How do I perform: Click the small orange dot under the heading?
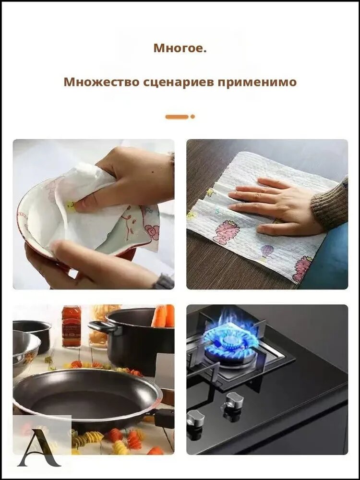pos(192,117)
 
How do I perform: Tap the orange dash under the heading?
pos(177,117)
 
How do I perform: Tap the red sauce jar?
pos(72,326)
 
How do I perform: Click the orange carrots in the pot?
pos(163,316)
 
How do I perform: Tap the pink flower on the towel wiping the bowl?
pos(152,232)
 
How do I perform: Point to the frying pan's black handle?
pos(164,418)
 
